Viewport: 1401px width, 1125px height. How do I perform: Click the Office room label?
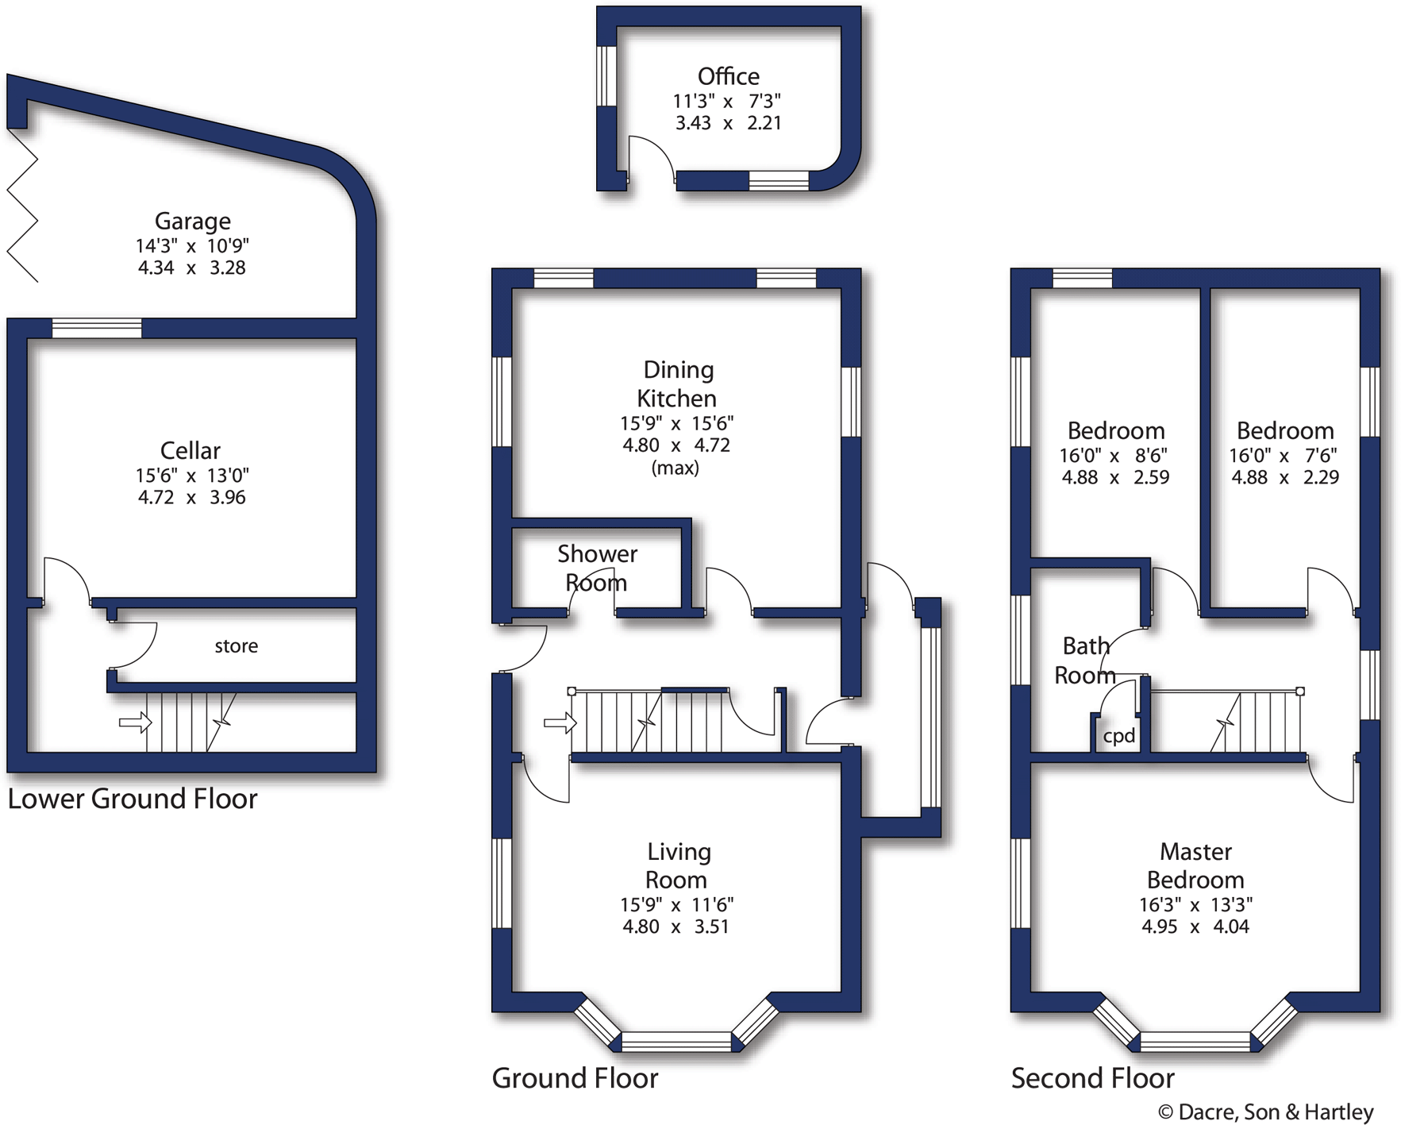[728, 76]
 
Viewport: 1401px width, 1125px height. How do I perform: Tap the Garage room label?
[192, 221]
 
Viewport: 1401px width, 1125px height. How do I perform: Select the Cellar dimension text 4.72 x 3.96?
[191, 498]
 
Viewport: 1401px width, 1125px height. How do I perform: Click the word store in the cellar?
[236, 646]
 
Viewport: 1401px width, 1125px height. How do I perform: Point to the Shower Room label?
[597, 568]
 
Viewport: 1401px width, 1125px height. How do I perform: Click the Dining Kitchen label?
[677, 383]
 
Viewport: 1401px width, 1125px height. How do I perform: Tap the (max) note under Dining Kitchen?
[675, 468]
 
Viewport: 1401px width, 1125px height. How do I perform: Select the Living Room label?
[677, 865]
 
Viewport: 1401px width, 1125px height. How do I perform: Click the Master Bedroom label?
[1195, 865]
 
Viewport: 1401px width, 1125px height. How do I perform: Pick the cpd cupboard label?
[1118, 736]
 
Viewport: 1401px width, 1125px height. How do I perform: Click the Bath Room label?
[1085, 661]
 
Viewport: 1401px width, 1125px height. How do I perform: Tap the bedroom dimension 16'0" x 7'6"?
[1284, 456]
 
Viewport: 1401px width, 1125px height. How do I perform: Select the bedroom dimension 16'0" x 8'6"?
[1114, 456]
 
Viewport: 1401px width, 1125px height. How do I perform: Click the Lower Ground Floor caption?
[133, 799]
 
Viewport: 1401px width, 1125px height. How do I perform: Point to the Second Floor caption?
[1092, 1078]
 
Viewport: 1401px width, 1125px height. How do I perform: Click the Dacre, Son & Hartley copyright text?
[1265, 1112]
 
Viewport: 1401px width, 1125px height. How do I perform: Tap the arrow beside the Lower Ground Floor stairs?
[134, 722]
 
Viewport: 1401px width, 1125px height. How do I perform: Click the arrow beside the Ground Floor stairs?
[559, 722]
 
